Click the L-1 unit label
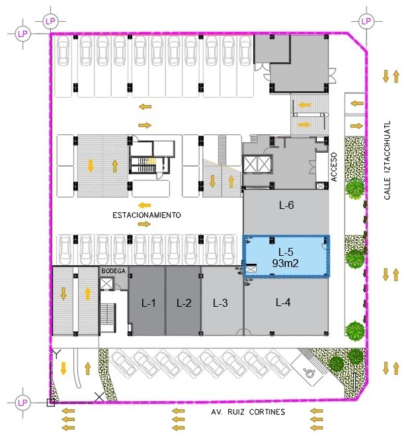[148, 303]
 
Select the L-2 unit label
[184, 303]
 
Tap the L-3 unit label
[220, 303]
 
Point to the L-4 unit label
[283, 302]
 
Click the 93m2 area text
[285, 263]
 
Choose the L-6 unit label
[286, 205]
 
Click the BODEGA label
[113, 271]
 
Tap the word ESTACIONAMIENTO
[147, 215]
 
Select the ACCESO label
[334, 167]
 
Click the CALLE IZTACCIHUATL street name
[387, 160]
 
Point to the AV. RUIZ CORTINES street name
[248, 412]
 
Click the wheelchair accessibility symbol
[308, 373]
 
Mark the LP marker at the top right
[366, 21]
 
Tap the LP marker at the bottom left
[22, 403]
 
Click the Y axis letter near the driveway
[57, 354]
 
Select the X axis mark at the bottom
[99, 397]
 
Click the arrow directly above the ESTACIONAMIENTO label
[145, 206]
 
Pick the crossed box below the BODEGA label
[106, 284]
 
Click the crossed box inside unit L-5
[251, 269]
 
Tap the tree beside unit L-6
[354, 188]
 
